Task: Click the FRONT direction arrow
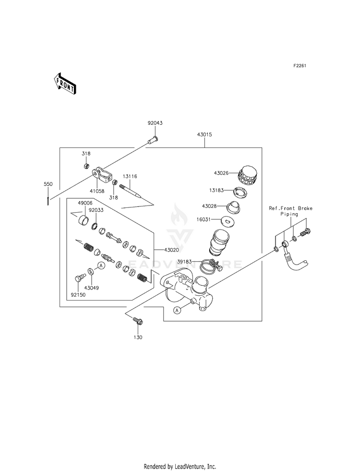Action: point(65,84)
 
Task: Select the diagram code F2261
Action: point(300,66)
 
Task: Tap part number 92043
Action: point(155,123)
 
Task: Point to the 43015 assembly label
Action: point(204,134)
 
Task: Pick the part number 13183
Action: point(216,190)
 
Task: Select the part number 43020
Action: point(171,250)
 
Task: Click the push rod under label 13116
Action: point(130,191)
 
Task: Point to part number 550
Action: point(48,184)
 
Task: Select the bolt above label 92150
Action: point(79,277)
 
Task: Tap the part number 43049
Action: point(92,288)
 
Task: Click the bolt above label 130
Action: point(138,321)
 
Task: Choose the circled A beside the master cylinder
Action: point(178,310)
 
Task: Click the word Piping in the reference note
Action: point(289,214)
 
